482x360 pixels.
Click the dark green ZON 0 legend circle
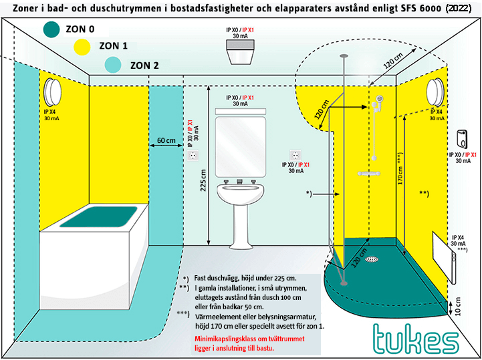tap(51, 29)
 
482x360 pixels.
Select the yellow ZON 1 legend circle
tap(82, 46)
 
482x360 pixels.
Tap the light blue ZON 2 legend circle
tap(113, 64)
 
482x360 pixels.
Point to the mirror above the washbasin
tap(241, 147)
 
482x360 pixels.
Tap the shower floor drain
tap(372, 260)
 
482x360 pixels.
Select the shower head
tap(379, 99)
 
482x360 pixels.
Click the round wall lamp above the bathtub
tap(53, 92)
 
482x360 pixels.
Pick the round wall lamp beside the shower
tap(435, 92)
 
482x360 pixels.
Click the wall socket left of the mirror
tap(193, 155)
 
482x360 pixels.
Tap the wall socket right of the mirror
tap(295, 156)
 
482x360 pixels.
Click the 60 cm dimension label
tap(166, 140)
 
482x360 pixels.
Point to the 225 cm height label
tap(203, 180)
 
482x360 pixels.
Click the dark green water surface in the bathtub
tap(99, 216)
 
